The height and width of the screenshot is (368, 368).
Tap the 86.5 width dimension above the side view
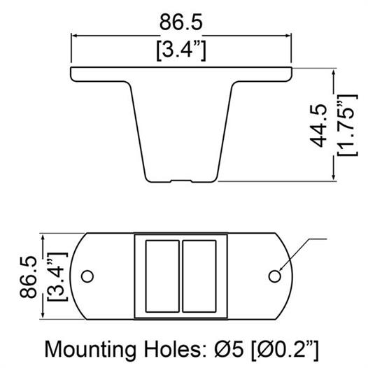[x=181, y=22]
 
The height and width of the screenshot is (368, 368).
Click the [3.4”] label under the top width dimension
[x=181, y=50]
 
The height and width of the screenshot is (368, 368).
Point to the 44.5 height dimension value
[x=318, y=125]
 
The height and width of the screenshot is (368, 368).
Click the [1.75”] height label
[x=347, y=125]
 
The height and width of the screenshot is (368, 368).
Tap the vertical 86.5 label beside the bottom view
[x=29, y=277]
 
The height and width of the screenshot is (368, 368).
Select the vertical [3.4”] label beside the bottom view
[x=57, y=277]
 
